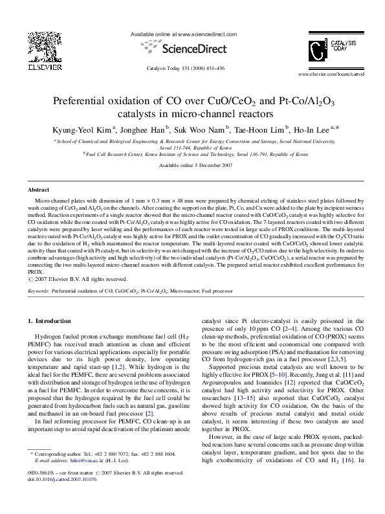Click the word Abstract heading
pos(38,190)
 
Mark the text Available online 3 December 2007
pos(192,165)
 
